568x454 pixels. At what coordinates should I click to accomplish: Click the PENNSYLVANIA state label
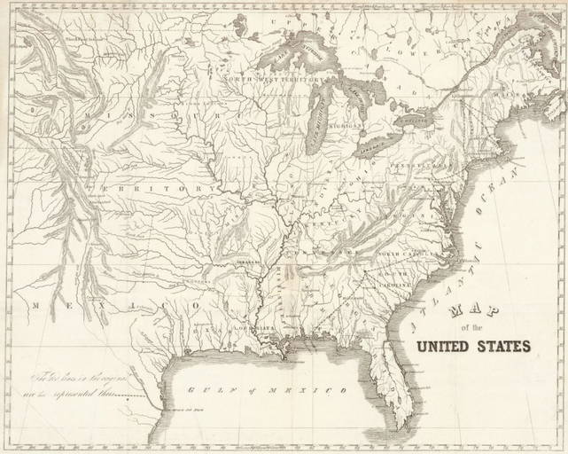[415, 166]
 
